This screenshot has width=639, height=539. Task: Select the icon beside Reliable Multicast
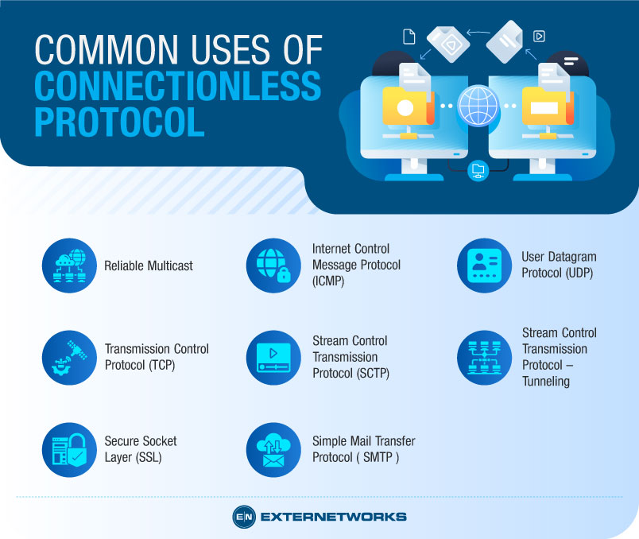coord(68,266)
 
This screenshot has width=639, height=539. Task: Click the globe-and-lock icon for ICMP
coord(273,266)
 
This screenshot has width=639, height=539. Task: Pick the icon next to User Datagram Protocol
coord(484,266)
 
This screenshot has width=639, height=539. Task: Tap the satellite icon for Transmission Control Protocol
coord(68,358)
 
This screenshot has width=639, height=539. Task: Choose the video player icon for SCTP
coord(273,358)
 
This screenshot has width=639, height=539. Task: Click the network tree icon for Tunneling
coord(484,358)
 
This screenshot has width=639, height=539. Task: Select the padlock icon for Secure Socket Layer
coord(68,449)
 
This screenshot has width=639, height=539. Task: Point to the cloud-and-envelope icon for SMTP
coord(273,449)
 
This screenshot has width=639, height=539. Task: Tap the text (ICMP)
coord(328,281)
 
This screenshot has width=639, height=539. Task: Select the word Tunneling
coord(546,381)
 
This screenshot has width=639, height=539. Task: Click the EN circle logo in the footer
coord(243,517)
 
